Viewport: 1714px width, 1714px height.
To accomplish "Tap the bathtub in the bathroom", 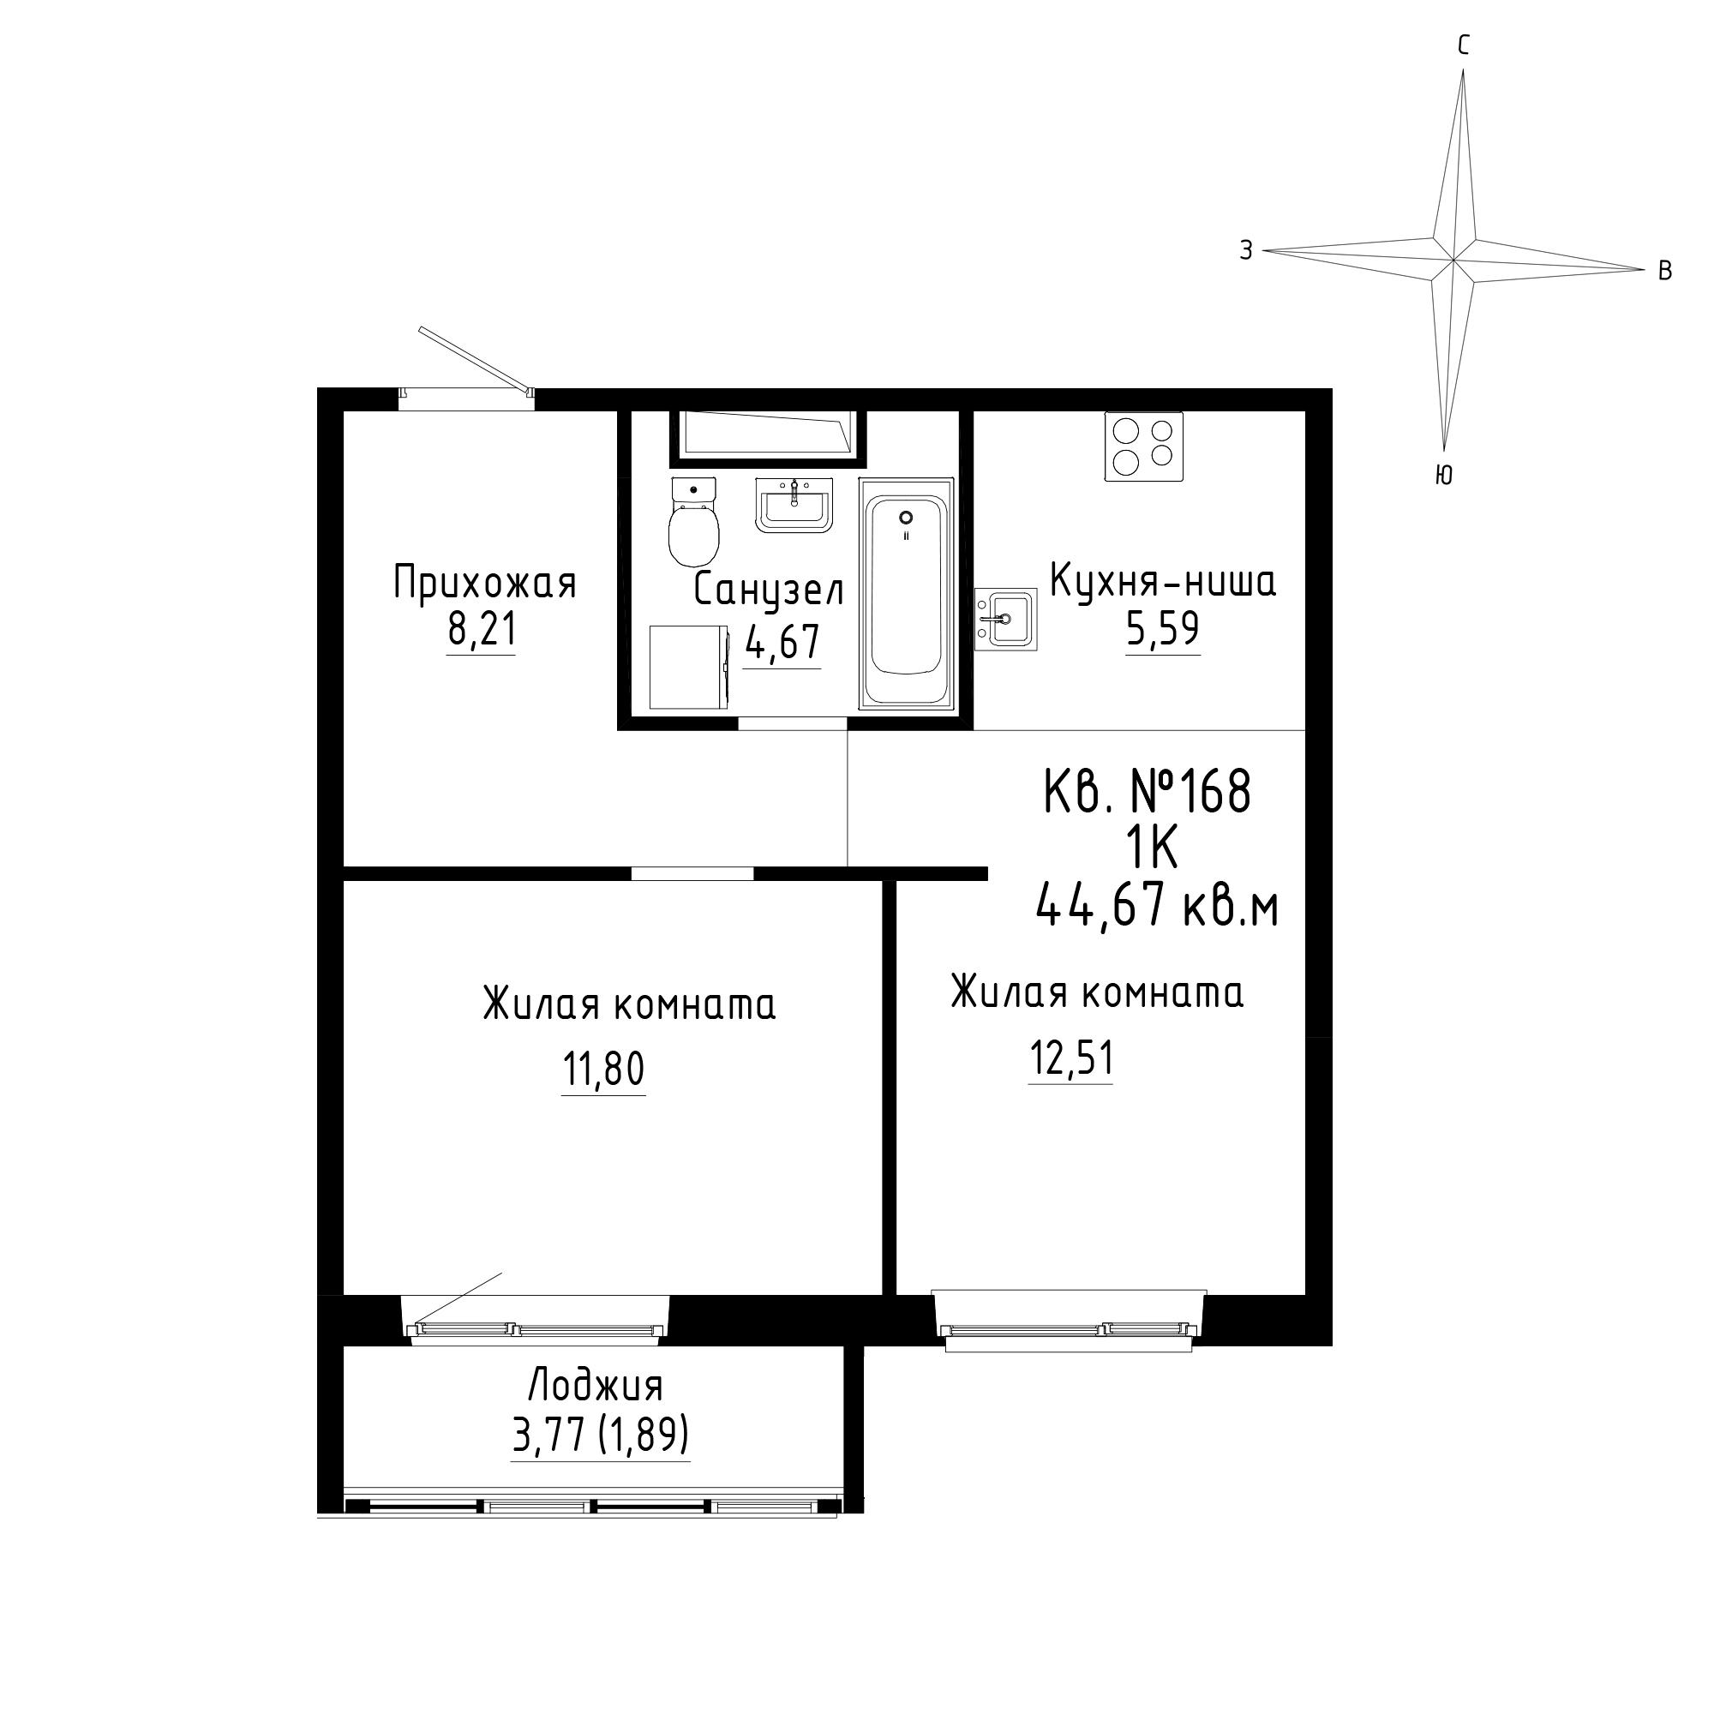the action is pyautogui.click(x=906, y=594).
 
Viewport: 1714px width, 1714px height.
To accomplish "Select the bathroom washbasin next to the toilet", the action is pyautogui.click(x=794, y=505).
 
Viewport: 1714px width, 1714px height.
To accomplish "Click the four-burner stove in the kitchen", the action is pyautogui.click(x=1143, y=446).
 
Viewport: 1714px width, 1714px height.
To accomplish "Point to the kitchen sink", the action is pyautogui.click(x=1005, y=619).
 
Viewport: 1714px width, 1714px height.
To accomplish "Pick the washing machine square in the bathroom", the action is pyautogui.click(x=688, y=666).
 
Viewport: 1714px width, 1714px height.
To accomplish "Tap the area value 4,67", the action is pyautogui.click(x=782, y=641).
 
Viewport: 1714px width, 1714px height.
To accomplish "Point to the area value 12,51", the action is pyautogui.click(x=1070, y=1058).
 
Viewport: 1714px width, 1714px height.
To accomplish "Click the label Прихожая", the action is pyautogui.click(x=484, y=584).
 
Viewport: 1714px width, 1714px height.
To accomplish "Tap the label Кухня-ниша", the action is pyautogui.click(x=1162, y=582).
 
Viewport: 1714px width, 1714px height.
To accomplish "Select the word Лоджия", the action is pyautogui.click(x=596, y=1387).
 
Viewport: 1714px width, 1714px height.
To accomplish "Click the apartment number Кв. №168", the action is pyautogui.click(x=1148, y=791).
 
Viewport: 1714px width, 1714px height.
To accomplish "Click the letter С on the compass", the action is pyautogui.click(x=1463, y=46).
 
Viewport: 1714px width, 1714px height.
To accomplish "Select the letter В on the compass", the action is pyautogui.click(x=1665, y=271).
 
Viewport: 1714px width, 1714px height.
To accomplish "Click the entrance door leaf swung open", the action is pyautogui.click(x=476, y=359).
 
